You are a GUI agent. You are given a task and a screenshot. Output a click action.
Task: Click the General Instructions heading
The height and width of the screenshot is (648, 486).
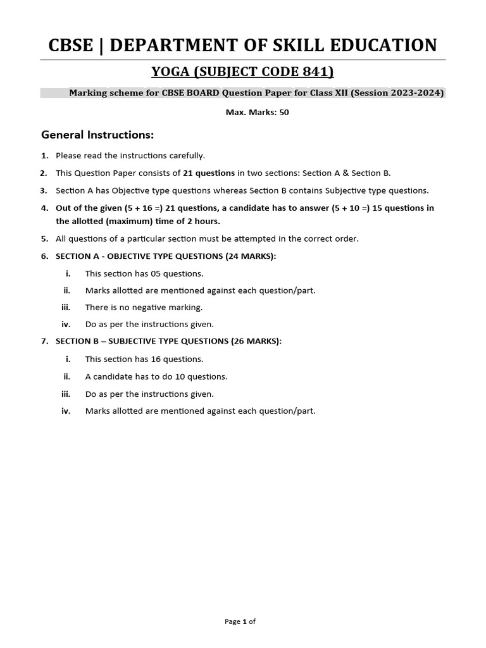click(97, 135)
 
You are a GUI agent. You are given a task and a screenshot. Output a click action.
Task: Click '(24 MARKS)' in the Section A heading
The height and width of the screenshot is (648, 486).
click(247, 256)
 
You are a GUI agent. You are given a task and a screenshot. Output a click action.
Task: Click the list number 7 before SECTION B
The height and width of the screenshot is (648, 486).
click(44, 341)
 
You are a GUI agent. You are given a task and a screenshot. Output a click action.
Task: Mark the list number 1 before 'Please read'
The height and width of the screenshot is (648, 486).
click(44, 155)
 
